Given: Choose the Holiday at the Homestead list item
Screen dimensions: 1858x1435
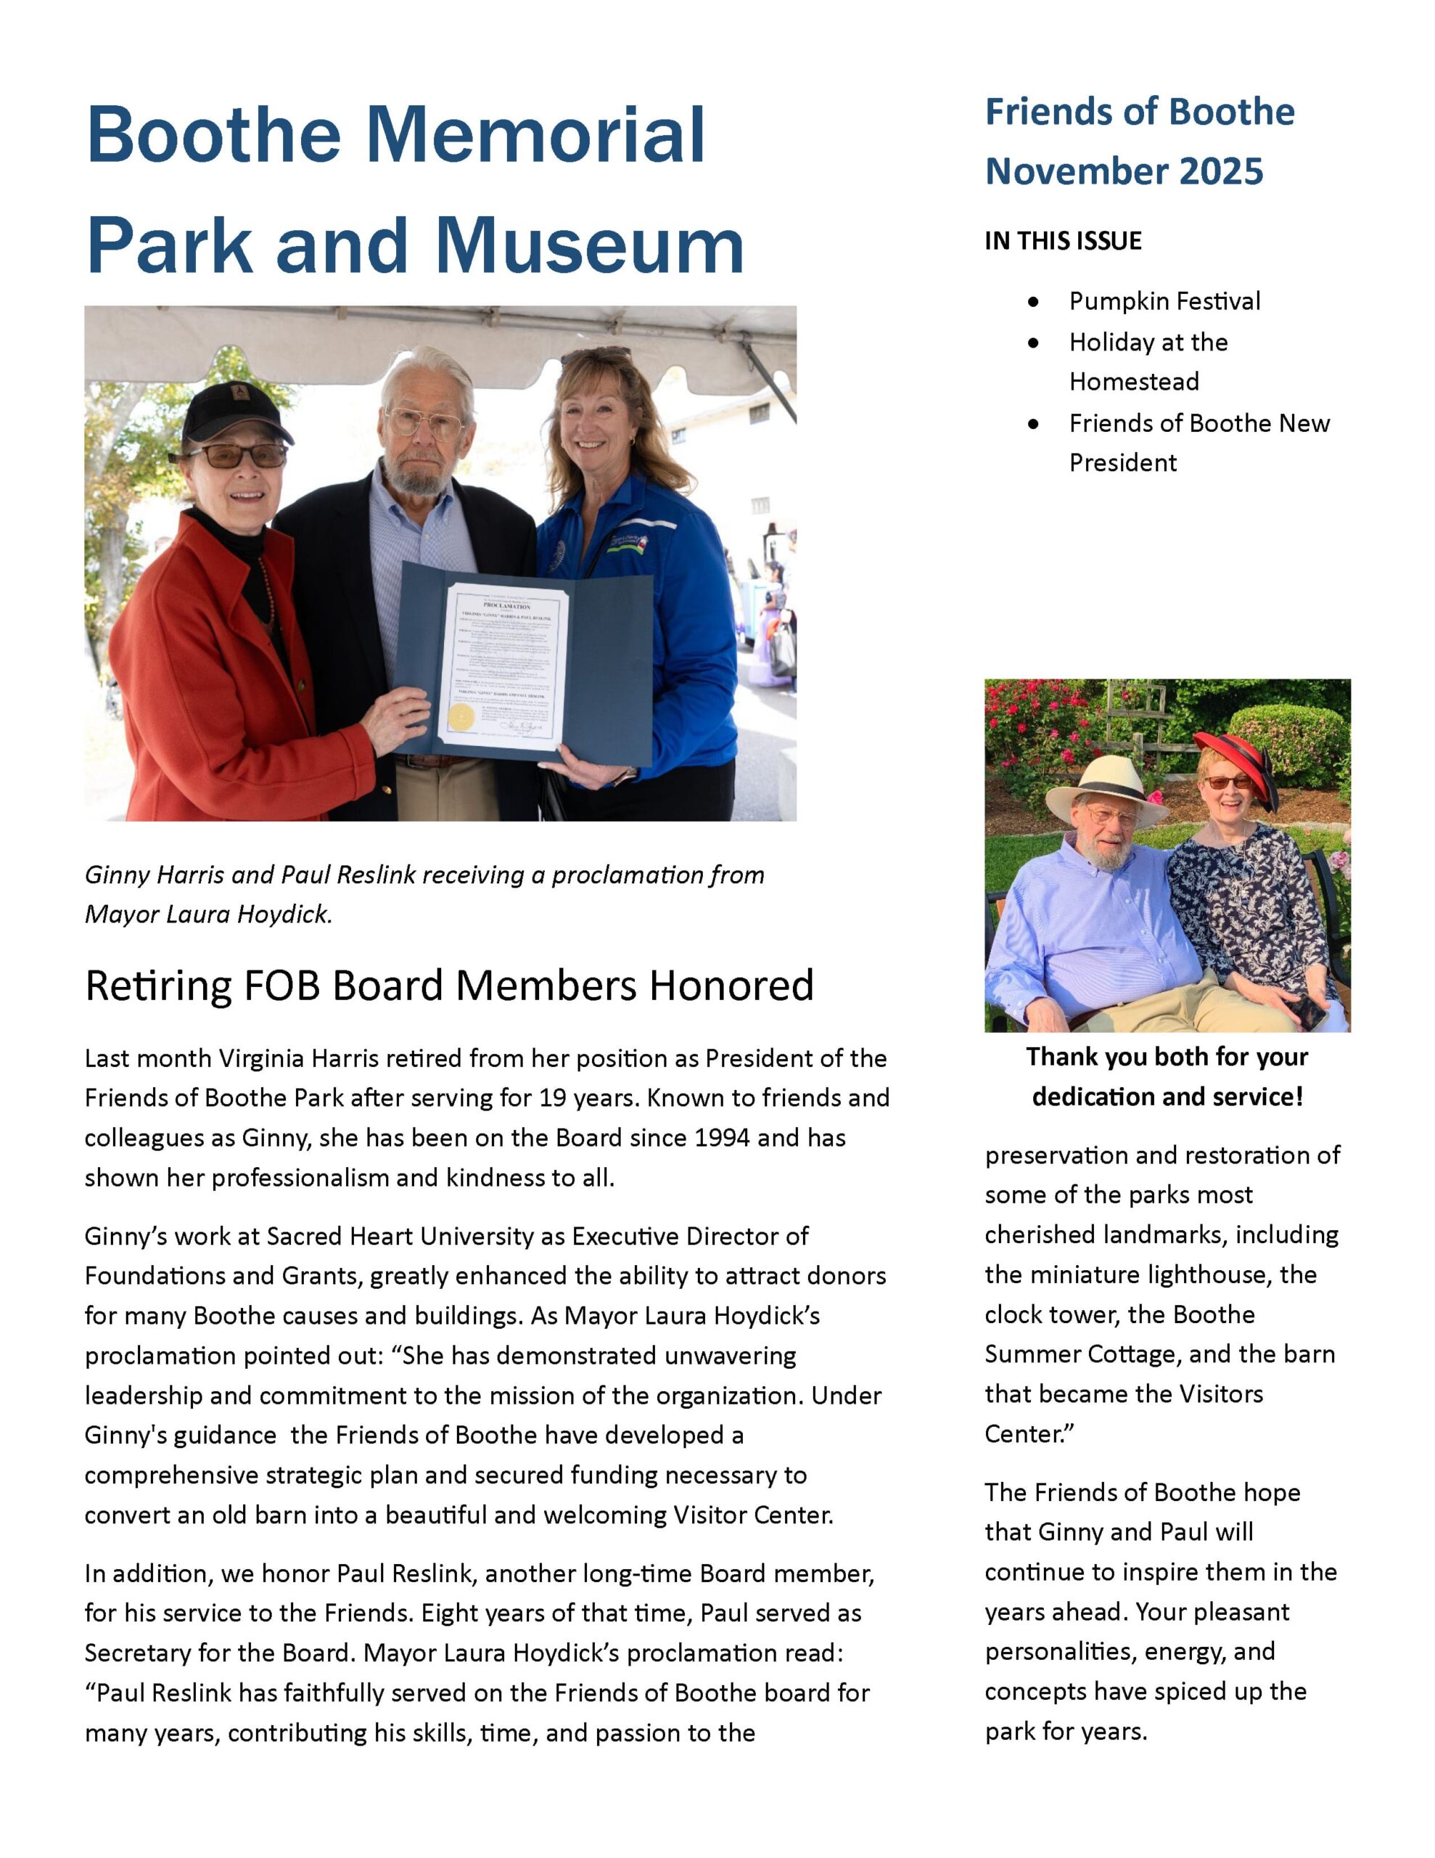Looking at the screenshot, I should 1148,361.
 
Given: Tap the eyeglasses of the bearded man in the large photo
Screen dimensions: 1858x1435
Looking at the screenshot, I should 425,423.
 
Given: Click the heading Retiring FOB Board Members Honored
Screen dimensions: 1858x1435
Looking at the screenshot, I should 449,985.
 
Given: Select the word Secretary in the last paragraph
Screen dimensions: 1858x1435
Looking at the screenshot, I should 137,1653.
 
